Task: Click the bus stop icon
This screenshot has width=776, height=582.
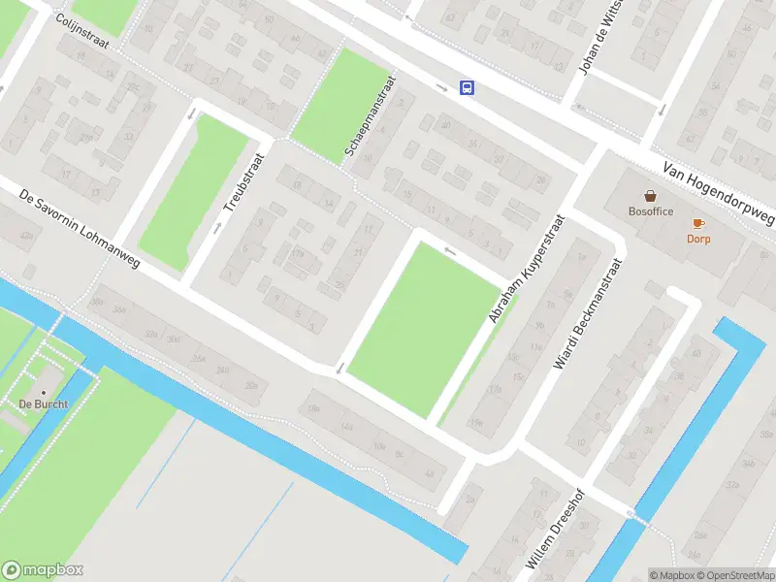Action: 467,87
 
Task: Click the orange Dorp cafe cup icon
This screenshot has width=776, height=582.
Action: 698,224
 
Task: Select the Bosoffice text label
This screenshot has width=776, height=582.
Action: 650,211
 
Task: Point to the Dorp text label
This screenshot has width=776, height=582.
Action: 698,239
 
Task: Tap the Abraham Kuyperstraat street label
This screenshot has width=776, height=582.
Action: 526,268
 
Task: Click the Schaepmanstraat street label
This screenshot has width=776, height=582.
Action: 370,118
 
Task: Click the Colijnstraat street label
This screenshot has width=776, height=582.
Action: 82,32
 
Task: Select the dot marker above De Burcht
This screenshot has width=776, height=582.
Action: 42,392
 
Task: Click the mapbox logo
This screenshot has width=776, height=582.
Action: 43,570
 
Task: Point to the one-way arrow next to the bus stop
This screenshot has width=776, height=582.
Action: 442,88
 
